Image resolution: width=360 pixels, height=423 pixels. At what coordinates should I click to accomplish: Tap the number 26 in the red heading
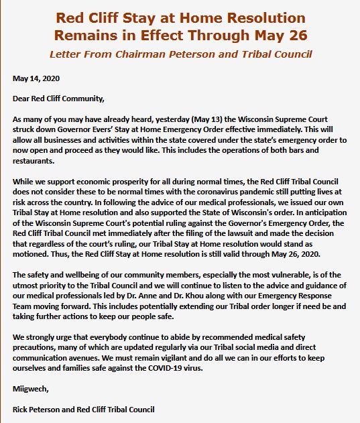pos(292,32)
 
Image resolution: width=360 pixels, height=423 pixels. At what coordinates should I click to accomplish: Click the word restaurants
pos(35,161)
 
